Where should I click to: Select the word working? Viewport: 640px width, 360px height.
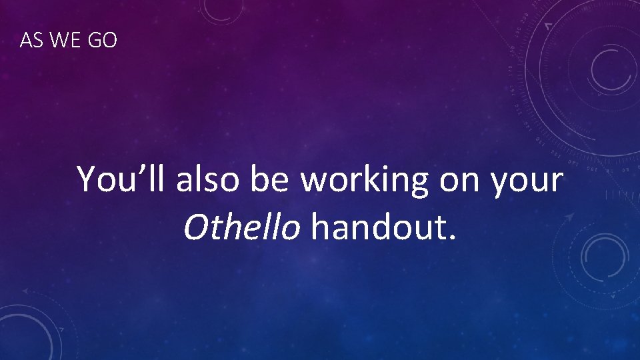[x=364, y=180]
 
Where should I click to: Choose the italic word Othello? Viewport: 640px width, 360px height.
[x=241, y=227]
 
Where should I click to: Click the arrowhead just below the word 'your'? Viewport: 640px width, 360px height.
[x=569, y=217]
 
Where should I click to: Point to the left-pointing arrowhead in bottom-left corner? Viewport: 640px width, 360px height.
[x=25, y=291]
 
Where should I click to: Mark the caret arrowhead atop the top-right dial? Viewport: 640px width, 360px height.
[x=548, y=25]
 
